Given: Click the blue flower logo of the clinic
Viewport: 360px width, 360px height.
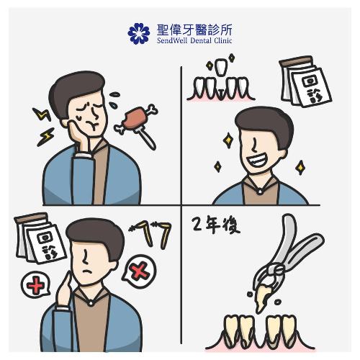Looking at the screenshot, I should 138,33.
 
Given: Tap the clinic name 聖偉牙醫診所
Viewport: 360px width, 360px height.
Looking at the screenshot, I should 194,29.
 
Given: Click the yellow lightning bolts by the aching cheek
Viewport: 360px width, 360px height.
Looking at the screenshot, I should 42,122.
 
